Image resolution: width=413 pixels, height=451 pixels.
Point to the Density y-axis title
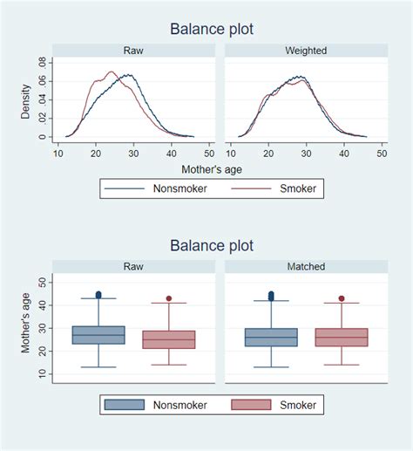click(x=27, y=102)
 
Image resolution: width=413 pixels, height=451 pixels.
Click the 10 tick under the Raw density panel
click(x=58, y=153)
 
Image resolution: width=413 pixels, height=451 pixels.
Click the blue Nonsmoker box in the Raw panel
click(x=98, y=335)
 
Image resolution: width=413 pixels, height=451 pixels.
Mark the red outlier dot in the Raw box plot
click(x=169, y=298)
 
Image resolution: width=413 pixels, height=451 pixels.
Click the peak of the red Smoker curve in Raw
click(x=111, y=72)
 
